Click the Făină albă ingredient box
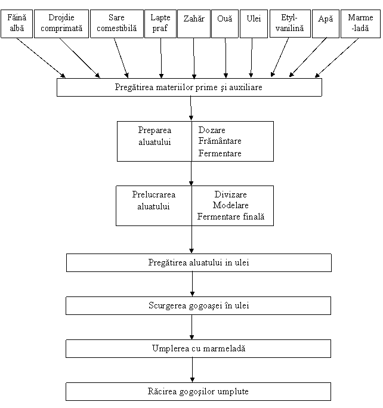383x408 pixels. coord(17,24)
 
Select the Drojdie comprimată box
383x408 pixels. coord(61,24)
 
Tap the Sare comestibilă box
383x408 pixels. coord(117,24)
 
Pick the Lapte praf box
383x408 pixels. coord(160,24)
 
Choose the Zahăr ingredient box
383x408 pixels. coord(194,24)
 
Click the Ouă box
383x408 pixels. coord(225,24)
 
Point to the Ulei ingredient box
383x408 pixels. coord(254,24)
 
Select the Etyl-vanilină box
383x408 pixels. coord(290,24)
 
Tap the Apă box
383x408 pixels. coord(326,24)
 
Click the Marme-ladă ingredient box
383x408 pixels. coord(360,24)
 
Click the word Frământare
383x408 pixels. coord(220,141)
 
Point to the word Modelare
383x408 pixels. coord(230,205)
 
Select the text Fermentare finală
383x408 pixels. coord(231,217)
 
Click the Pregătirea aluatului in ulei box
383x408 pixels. coord(199,263)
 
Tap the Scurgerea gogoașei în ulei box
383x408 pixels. coord(198,306)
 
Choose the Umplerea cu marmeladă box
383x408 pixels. coord(198,349)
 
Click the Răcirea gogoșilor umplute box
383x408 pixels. coord(198,392)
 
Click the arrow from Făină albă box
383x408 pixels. coord(41,58)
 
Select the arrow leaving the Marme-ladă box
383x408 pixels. coord(336,58)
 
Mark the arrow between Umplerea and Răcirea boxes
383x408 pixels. coord(192,370)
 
